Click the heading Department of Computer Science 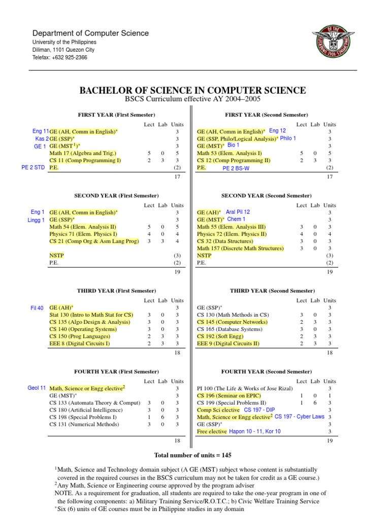coord(91,33)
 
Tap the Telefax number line coord(60,58)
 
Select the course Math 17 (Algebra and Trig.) coord(83,153)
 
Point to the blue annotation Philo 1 coord(288,138)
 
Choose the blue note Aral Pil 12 coord(238,212)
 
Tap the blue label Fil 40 coord(37,308)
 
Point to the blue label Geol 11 coord(37,388)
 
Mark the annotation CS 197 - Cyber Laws coord(300,417)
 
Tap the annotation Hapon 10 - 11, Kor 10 coord(255,431)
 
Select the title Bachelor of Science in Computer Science coord(192,91)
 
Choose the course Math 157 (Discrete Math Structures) coord(240,248)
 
